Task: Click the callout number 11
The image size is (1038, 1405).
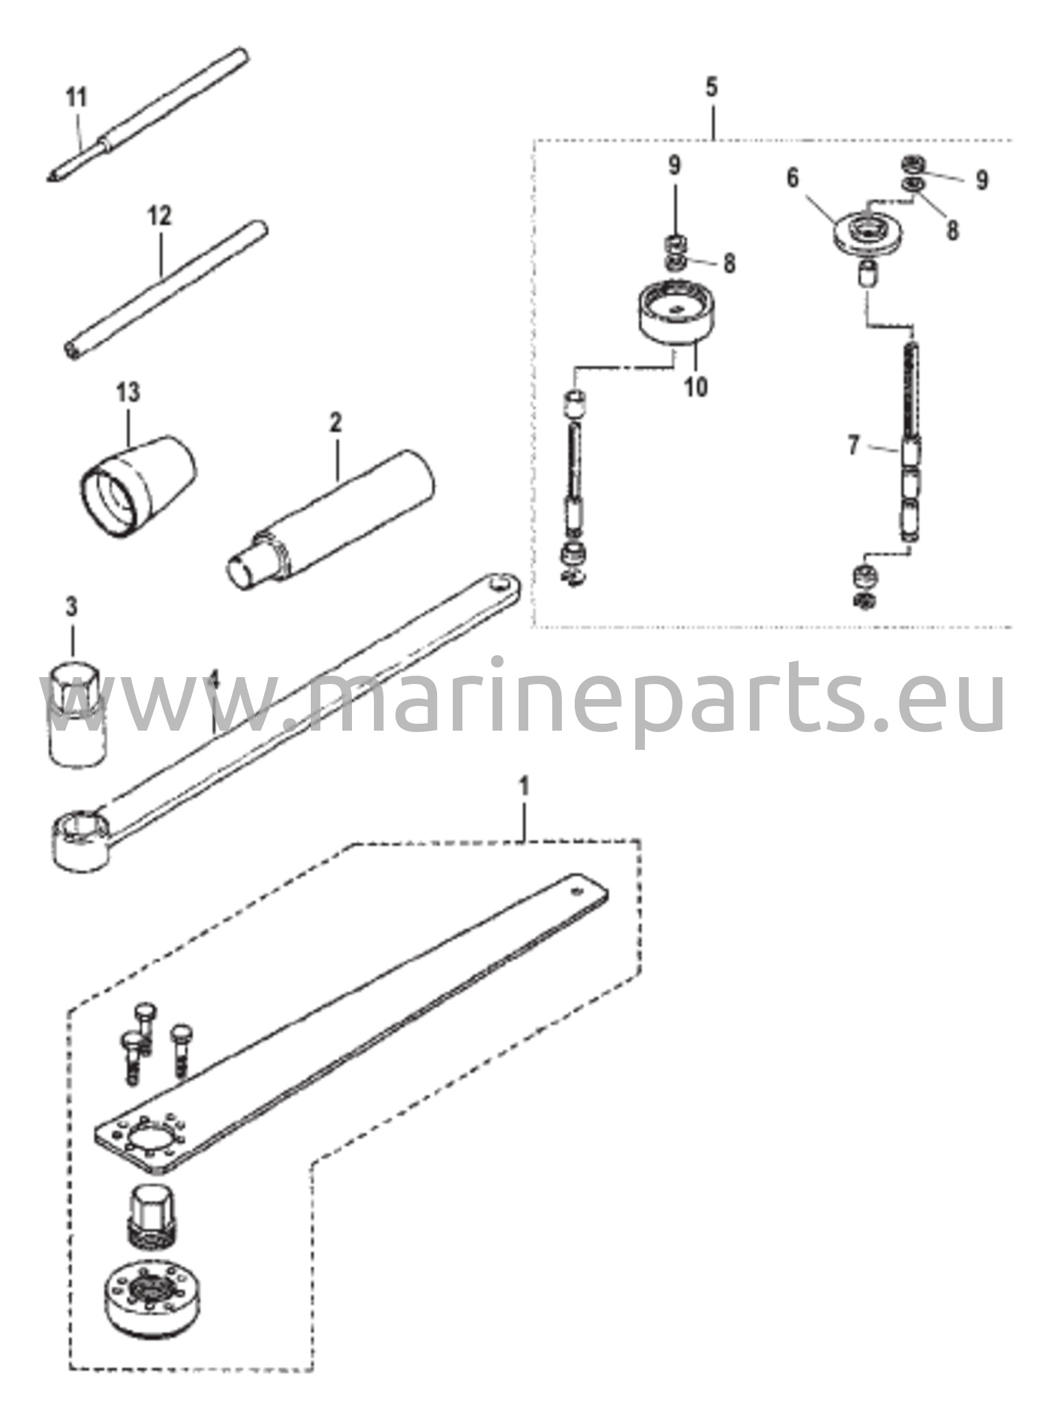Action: (77, 97)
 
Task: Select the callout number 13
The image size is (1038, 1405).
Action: (128, 392)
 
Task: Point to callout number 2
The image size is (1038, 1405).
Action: (335, 421)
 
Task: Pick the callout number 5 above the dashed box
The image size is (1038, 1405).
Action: (711, 87)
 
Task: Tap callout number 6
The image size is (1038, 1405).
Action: (793, 178)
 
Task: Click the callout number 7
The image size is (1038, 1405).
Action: (853, 447)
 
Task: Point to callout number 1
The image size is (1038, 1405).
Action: (525, 787)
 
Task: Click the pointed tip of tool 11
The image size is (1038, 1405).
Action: (49, 179)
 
